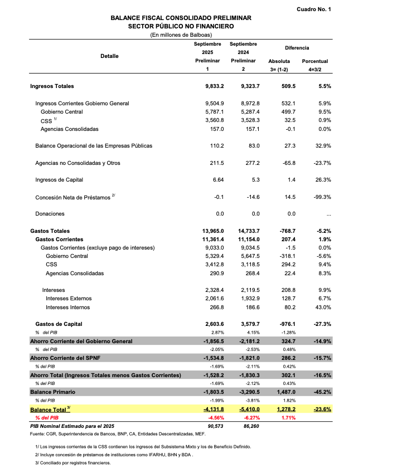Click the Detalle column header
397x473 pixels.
[109, 56]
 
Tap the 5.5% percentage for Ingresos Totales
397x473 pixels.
[324, 86]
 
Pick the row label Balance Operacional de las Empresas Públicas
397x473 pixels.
[94, 146]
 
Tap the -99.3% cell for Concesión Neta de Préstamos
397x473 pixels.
[322, 197]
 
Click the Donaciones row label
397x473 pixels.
[50, 214]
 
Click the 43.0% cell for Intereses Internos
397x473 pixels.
[323, 307]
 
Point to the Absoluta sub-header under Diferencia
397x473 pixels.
[279, 61]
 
